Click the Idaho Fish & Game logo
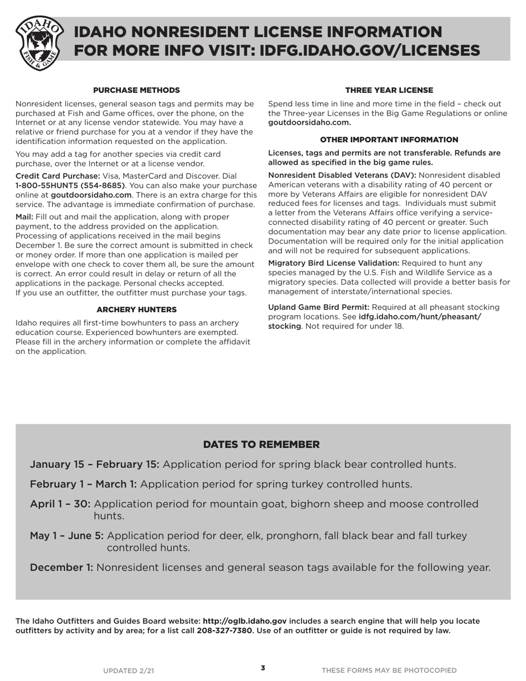[39, 43]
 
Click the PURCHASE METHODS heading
[136, 90]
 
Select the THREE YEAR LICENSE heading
[389, 90]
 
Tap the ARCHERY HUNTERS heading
[136, 309]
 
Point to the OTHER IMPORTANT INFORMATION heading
[389, 140]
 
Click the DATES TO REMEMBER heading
[261, 445]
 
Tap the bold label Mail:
[24, 216]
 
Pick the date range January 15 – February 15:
[95, 464]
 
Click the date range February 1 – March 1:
[83, 484]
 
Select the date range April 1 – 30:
[60, 504]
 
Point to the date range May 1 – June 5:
[66, 535]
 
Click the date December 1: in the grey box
[61, 567]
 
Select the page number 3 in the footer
[263, 668]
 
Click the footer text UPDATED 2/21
[128, 670]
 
